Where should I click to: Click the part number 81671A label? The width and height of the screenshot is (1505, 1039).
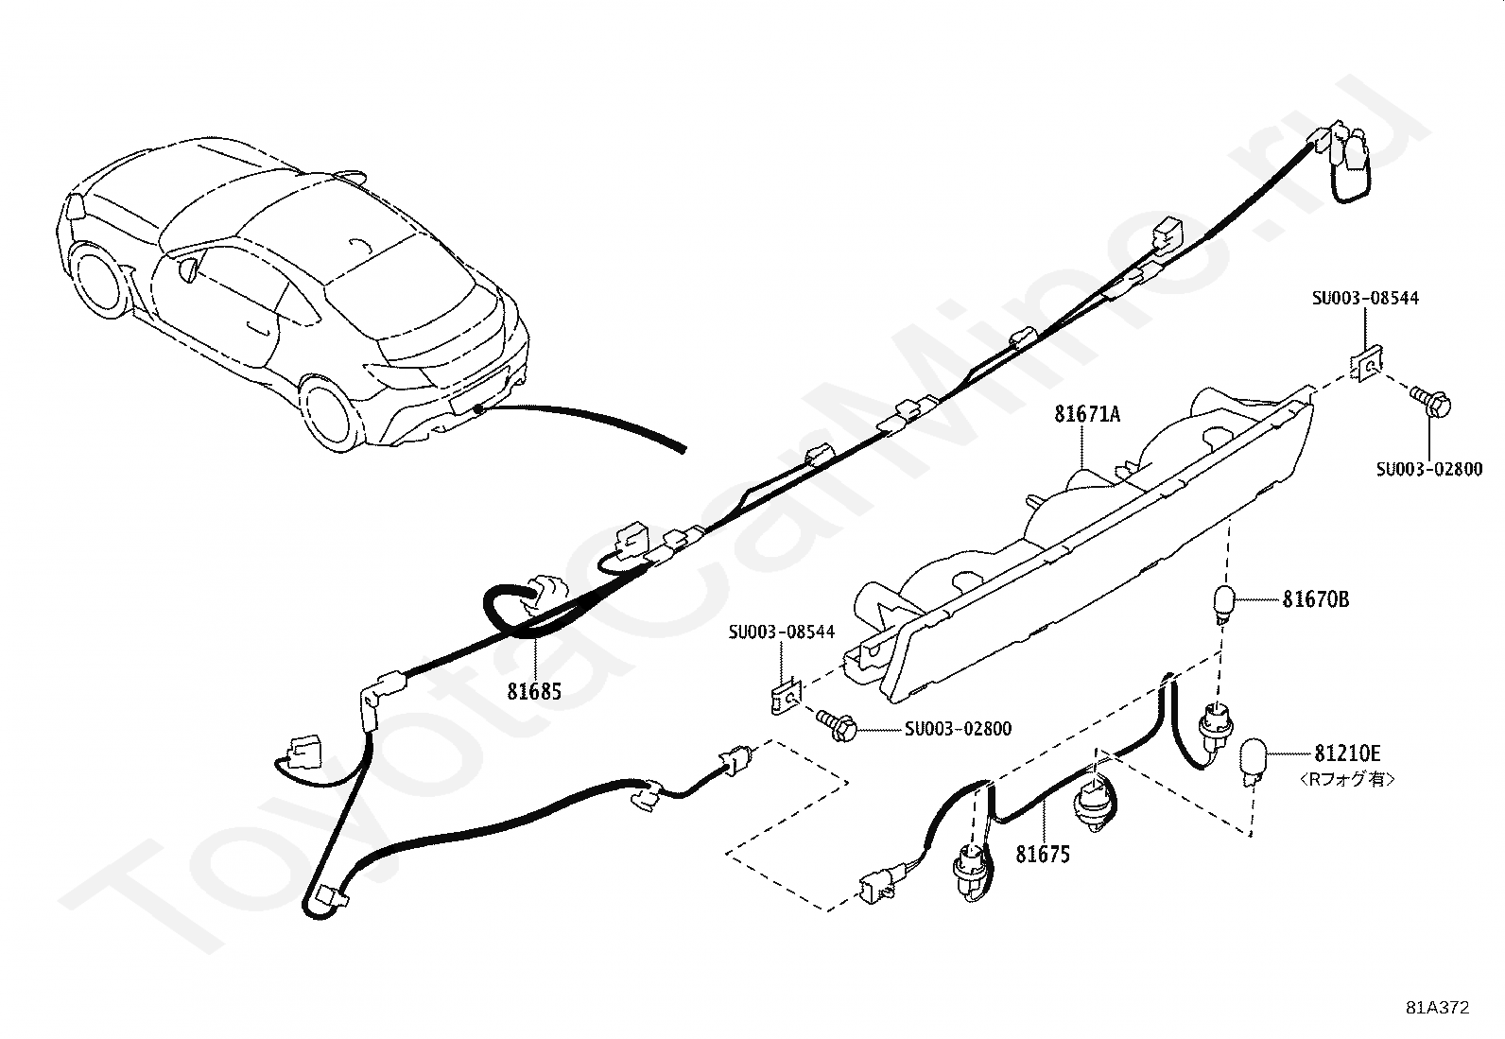coord(1087,413)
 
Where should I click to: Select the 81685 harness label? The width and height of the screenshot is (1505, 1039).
coord(534,692)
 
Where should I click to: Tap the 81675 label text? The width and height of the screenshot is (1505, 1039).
coord(1043,855)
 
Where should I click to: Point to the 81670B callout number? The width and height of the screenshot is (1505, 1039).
coord(1315,599)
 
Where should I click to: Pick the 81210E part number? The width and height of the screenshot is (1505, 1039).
coord(1346,753)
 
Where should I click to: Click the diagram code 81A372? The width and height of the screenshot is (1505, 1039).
coord(1437,1008)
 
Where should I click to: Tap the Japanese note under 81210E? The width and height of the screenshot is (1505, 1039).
coord(1346,780)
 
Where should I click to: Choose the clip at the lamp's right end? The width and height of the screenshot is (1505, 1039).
coord(1364,366)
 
